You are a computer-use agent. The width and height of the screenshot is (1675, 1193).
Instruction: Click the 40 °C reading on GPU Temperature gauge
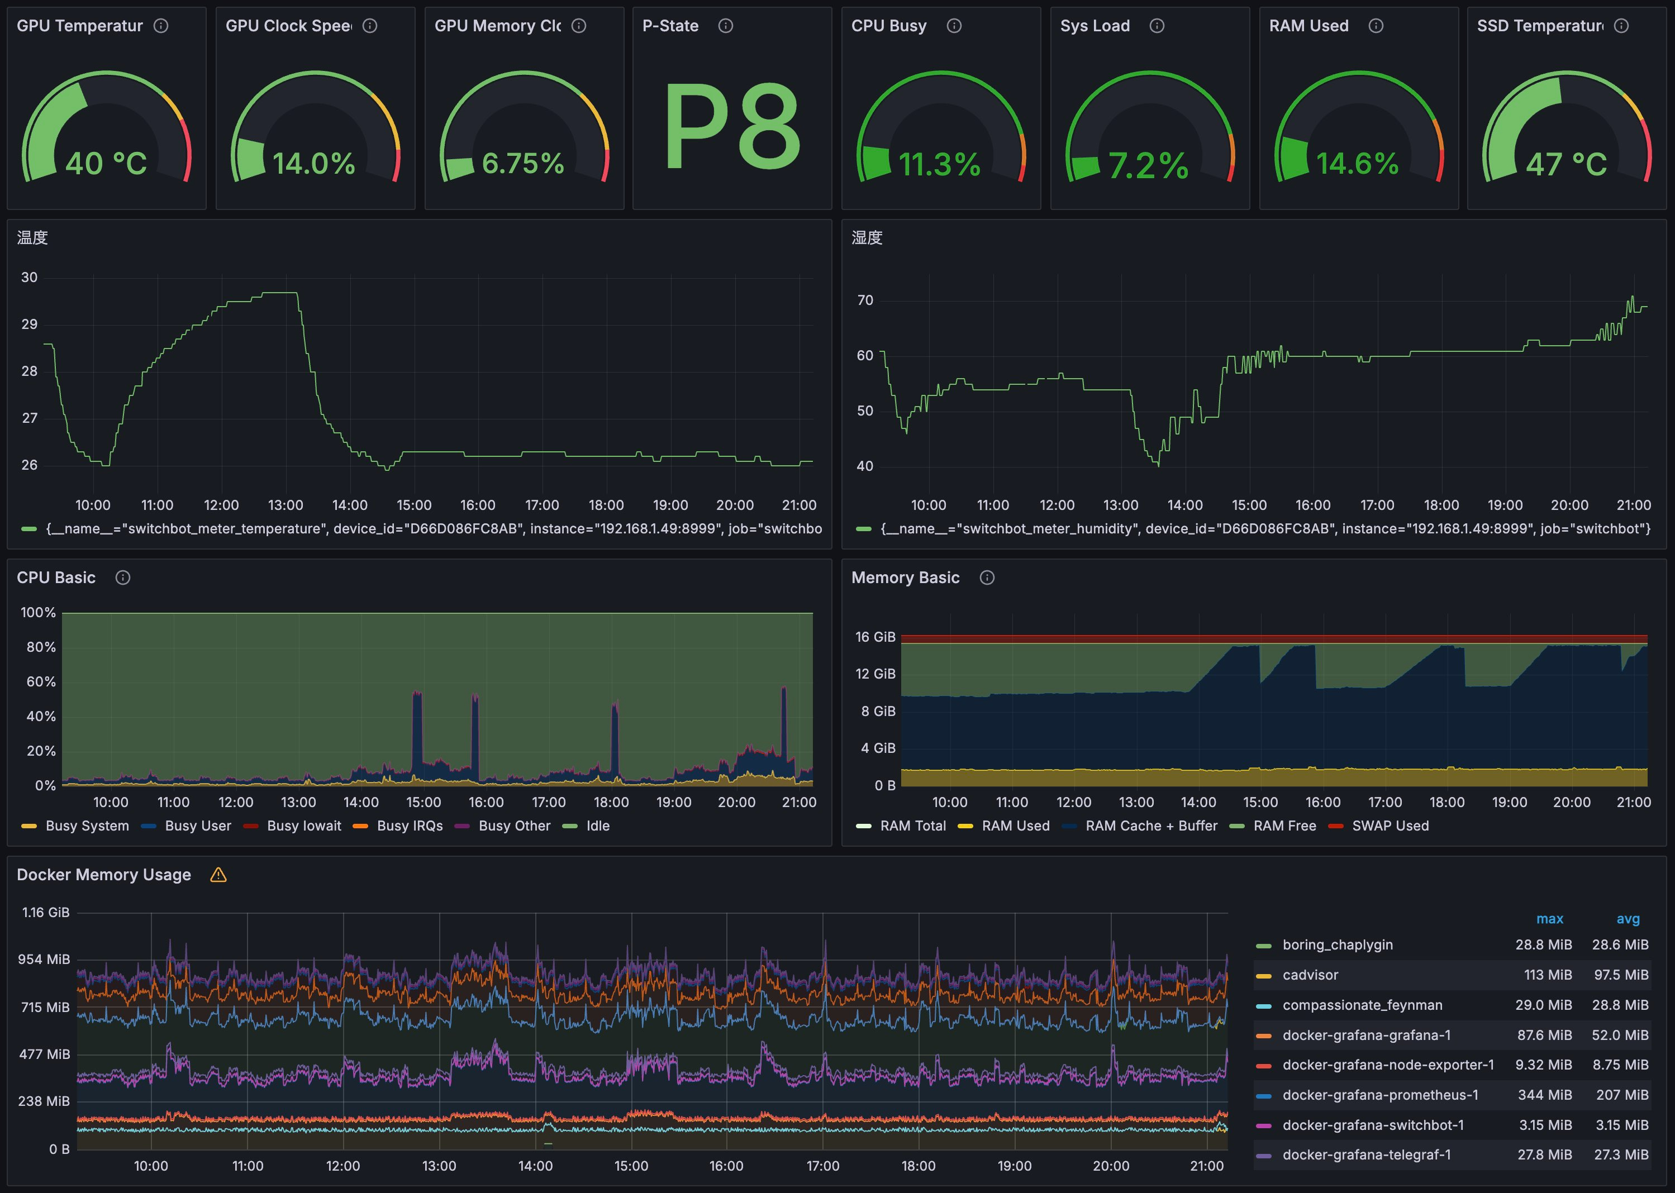[107, 163]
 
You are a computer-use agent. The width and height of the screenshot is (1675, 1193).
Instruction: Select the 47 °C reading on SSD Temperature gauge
[1566, 164]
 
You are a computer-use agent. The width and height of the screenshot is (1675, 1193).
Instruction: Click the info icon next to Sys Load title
[1157, 26]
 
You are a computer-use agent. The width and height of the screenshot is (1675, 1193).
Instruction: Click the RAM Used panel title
[1308, 26]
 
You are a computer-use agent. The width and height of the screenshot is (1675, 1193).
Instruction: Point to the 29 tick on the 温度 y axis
[30, 324]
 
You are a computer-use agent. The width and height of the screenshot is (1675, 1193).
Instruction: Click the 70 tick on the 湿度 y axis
[865, 300]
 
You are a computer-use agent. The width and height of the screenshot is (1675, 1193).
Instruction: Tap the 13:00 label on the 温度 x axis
[285, 505]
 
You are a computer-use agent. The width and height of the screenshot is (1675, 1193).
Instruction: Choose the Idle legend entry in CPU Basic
[597, 825]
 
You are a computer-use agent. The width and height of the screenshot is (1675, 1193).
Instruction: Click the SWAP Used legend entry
[1390, 825]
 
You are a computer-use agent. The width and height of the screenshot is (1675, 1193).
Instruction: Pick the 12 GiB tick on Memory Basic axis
[875, 674]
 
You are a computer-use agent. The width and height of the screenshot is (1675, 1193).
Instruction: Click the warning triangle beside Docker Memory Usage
[218, 875]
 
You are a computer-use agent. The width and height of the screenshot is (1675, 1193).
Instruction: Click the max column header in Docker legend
[1549, 919]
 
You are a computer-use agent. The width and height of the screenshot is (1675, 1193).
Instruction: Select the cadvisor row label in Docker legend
[1310, 975]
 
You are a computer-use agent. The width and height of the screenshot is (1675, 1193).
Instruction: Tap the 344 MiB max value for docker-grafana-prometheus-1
[1545, 1095]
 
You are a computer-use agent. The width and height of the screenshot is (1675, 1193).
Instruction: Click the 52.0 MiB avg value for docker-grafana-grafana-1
[1621, 1035]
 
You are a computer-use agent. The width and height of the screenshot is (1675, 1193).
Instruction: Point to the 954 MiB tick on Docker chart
[44, 960]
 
